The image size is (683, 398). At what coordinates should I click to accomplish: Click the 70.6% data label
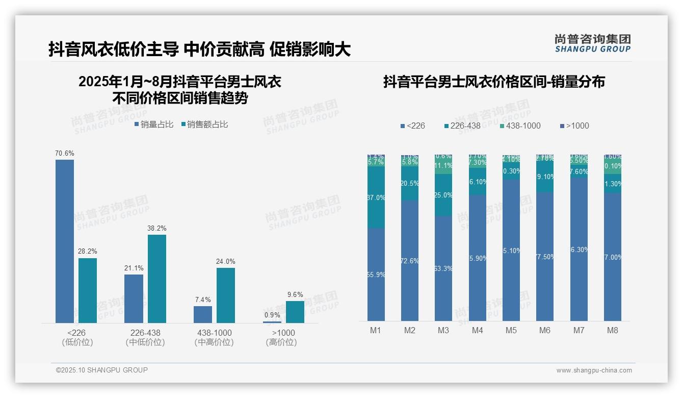65,153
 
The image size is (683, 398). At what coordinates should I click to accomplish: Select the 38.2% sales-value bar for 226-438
157,279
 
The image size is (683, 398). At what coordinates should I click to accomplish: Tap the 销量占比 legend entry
154,125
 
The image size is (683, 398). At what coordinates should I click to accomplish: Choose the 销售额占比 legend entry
204,125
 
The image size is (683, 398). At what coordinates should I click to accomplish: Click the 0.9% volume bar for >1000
272,322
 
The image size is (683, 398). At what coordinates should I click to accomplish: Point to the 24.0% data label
226,261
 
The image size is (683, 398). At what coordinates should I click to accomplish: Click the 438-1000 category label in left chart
214,333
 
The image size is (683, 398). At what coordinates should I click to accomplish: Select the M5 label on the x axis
511,330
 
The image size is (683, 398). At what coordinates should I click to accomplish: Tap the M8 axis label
613,330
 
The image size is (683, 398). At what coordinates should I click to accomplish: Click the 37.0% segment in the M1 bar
376,197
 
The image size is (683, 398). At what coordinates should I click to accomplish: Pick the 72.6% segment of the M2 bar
410,261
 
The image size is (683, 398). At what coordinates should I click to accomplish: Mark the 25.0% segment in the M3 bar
443,195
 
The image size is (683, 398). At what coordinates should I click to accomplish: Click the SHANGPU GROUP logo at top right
593,43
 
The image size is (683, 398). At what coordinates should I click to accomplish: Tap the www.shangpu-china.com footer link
594,370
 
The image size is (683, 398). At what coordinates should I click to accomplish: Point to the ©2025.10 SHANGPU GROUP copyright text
102,370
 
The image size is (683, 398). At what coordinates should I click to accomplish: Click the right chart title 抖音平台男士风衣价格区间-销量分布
494,82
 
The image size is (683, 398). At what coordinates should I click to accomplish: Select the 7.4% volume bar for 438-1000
203,314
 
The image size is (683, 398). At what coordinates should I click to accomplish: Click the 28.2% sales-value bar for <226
88,290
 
